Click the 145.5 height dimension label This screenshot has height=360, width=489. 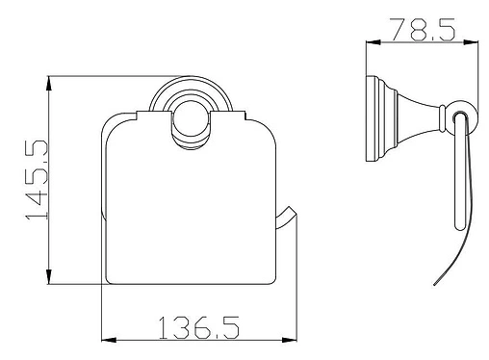[x=37, y=180]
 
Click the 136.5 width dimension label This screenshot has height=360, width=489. [x=199, y=327]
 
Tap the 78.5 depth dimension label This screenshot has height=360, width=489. [x=423, y=30]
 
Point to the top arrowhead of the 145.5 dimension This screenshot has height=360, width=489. [x=48, y=84]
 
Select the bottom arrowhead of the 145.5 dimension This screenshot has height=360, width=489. [x=48, y=276]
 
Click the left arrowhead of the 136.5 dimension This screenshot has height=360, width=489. [x=109, y=340]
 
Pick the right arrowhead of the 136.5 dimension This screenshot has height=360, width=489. [x=289, y=340]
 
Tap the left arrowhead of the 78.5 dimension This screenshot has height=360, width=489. [x=373, y=42]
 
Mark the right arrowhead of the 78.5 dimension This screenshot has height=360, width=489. [x=471, y=42]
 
